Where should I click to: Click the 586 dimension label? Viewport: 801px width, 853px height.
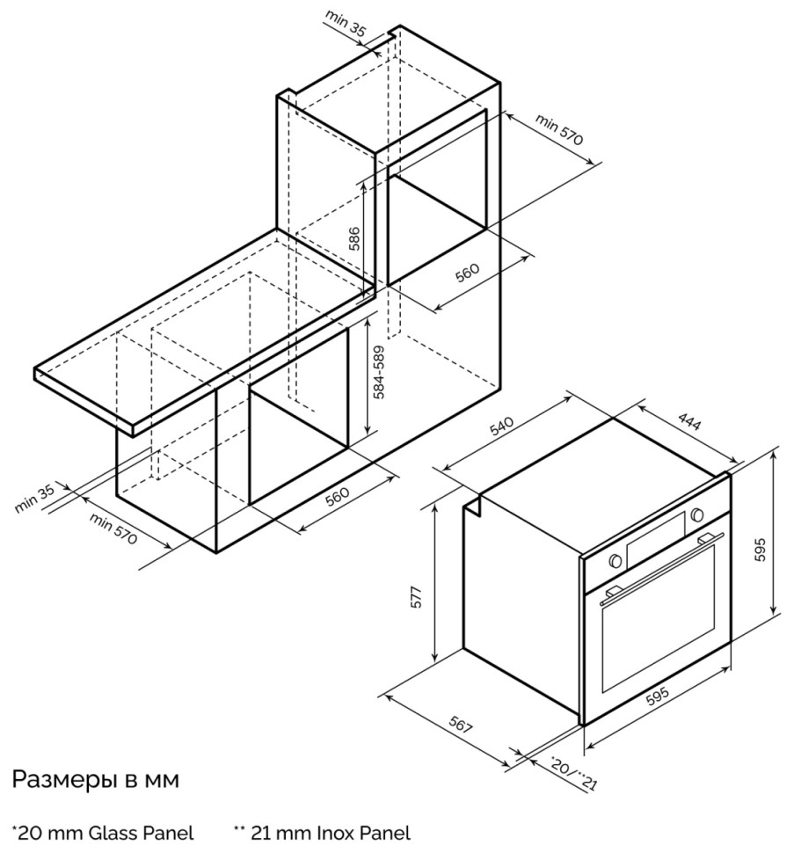353,238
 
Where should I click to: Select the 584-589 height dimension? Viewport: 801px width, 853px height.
379,372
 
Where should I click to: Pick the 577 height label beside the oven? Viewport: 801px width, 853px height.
416,596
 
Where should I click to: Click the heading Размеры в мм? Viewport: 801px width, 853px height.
95,779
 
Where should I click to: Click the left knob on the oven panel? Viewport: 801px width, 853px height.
615,560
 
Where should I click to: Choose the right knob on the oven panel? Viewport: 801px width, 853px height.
696,514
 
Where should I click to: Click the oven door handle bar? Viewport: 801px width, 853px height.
662,568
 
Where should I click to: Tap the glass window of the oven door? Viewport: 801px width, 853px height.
659,620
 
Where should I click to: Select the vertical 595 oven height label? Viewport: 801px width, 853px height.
761,550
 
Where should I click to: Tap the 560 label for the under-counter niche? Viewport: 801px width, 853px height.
337,496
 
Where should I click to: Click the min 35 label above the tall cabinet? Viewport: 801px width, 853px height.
346,22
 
